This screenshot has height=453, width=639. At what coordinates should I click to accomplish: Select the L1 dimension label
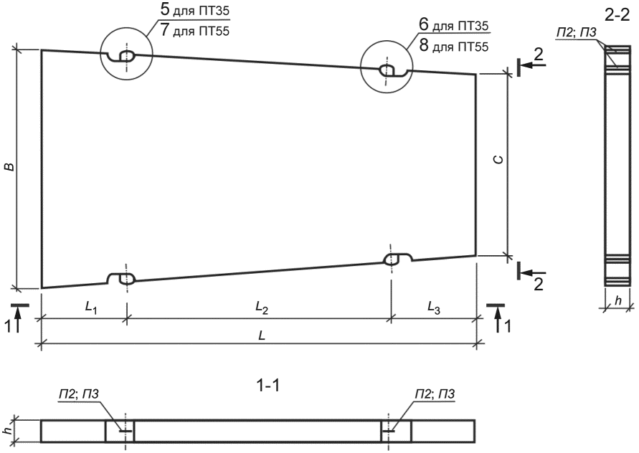[91, 308]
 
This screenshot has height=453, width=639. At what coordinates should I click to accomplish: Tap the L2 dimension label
[262, 308]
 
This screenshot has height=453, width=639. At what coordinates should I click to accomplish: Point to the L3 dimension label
[434, 308]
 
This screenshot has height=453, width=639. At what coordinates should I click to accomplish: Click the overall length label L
[262, 335]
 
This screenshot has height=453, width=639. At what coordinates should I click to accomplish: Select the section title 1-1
[268, 385]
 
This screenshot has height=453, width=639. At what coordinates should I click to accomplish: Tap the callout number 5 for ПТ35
[166, 10]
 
